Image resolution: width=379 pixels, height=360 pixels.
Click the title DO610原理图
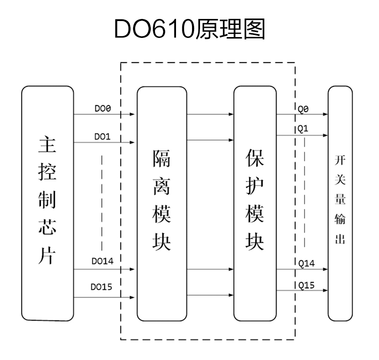(189, 29)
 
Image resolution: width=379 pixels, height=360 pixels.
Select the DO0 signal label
(102, 109)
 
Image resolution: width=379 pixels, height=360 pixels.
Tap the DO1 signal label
(102, 137)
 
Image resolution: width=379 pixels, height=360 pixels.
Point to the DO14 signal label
(102, 261)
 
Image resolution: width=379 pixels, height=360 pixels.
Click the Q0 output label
(303, 109)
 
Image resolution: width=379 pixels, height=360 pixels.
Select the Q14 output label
(306, 263)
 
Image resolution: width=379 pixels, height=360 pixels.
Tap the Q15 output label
(306, 285)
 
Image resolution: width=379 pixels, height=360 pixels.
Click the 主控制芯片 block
(48, 203)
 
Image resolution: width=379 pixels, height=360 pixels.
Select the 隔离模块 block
(161, 203)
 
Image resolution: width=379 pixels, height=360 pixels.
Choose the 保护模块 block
(255, 203)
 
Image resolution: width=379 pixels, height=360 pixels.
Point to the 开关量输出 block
(340, 203)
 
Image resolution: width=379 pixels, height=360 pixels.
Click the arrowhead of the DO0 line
(133, 114)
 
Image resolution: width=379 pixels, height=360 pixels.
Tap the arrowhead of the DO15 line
(133, 297)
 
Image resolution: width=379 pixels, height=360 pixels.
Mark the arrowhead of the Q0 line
(325, 114)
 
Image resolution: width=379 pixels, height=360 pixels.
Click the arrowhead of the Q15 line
(325, 290)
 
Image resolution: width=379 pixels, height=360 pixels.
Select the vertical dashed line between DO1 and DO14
(102, 202)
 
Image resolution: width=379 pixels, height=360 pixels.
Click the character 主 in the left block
(48, 146)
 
